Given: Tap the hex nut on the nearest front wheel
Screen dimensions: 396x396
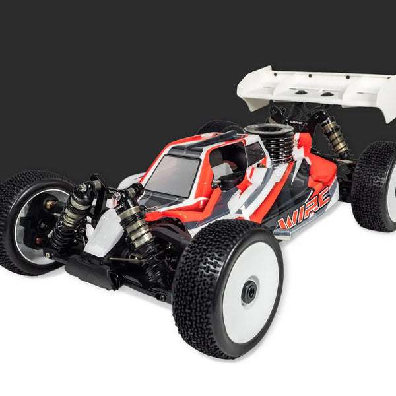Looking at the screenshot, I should tap(249, 292).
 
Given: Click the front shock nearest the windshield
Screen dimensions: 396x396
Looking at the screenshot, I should tap(135, 218).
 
